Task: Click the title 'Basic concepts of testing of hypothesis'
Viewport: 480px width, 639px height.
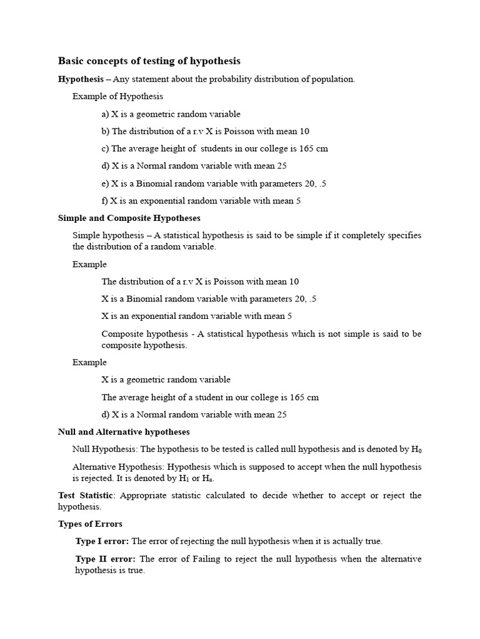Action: [149, 61]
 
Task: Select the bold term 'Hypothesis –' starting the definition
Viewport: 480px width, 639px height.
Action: [84, 79]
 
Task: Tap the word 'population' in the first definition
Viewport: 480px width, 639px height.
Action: [334, 79]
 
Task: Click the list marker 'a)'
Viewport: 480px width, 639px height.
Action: [105, 114]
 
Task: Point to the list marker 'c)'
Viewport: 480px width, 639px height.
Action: [105, 149]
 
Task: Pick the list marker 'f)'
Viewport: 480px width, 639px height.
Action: [104, 201]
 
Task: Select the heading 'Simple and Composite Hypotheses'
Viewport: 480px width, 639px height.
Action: [129, 218]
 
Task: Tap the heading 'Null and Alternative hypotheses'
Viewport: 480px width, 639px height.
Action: [124, 432]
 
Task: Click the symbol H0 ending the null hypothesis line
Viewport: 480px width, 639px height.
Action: [416, 449]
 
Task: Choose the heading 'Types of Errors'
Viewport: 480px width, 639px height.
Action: [90, 524]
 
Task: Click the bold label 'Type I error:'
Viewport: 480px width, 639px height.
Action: [102, 541]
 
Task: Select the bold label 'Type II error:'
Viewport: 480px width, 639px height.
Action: [105, 559]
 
